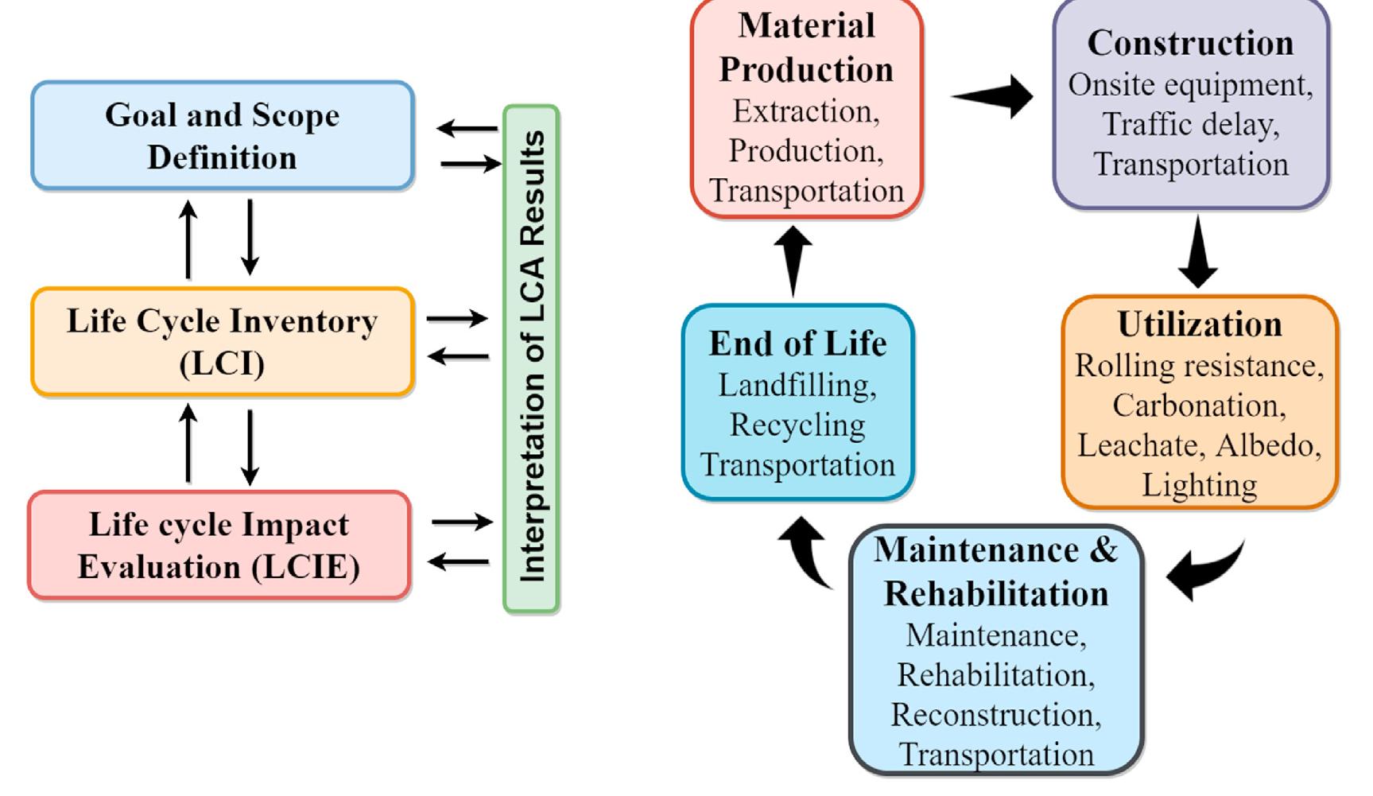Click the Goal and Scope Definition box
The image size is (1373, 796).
click(222, 136)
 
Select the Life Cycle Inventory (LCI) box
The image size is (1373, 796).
click(222, 342)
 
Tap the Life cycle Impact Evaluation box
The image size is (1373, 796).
click(219, 546)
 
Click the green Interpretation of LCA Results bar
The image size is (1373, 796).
click(531, 358)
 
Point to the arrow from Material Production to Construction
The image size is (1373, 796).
click(994, 96)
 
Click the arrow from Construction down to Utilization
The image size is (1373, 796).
click(1197, 253)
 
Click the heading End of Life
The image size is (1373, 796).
click(797, 344)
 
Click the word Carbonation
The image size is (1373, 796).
click(1199, 406)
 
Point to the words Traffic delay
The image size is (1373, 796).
click(1190, 125)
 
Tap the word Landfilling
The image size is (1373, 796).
click(797, 386)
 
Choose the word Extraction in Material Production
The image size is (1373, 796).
click(805, 111)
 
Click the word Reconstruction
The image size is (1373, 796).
click(995, 715)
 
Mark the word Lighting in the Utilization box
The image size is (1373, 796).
click(1199, 485)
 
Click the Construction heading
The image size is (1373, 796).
click(1190, 43)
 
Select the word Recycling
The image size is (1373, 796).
click(797, 425)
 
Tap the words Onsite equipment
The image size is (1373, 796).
click(1190, 85)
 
